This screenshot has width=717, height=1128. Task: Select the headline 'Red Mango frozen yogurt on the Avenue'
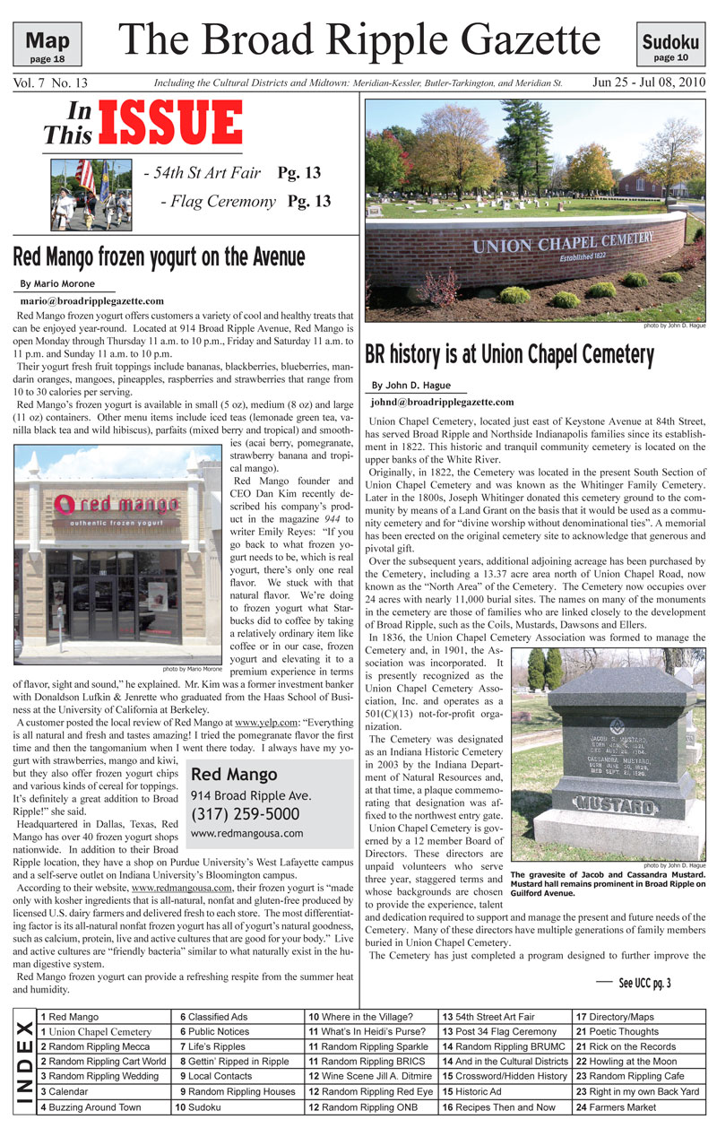159,257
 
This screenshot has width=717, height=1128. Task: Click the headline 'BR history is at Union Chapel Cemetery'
509,355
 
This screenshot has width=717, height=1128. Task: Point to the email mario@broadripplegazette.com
91,301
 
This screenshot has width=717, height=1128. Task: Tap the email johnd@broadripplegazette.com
443,403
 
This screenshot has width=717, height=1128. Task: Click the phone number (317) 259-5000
245,814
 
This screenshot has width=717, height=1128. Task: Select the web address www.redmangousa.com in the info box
246,833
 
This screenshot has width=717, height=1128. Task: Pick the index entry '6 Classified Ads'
213,1017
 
